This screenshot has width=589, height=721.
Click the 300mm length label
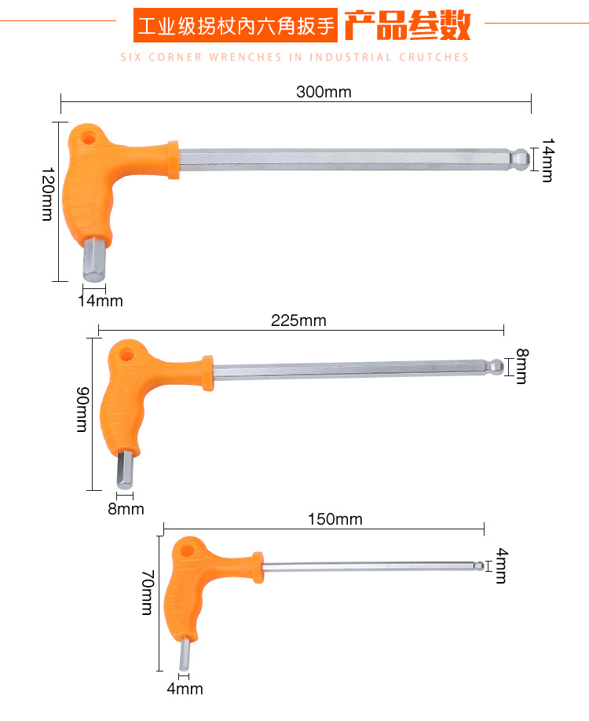[x=324, y=92]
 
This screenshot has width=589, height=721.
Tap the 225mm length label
[x=298, y=320]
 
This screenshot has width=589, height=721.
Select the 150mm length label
[x=335, y=519]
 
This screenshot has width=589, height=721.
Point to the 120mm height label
[x=48, y=194]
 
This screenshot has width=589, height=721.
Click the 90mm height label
[x=82, y=409]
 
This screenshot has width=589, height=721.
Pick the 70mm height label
[x=147, y=592]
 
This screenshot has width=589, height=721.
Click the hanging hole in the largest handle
[x=87, y=137]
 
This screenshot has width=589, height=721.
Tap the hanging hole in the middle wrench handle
[x=126, y=355]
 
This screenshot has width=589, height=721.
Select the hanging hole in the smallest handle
[x=186, y=551]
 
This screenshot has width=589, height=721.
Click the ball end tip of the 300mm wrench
[x=521, y=159]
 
